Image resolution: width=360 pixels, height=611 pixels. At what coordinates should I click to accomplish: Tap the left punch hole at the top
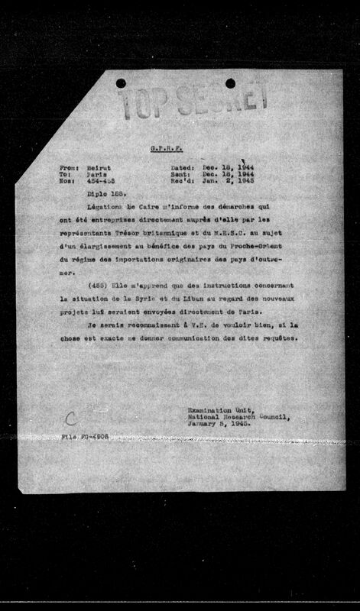click(x=121, y=82)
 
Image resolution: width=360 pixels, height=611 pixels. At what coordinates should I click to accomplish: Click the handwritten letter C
click(x=70, y=418)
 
